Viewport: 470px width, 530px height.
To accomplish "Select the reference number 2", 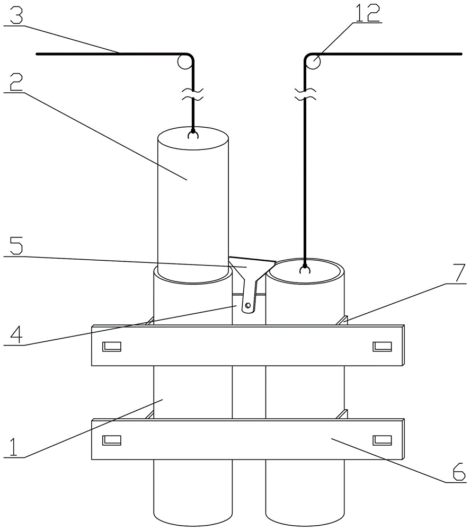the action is click(16, 82).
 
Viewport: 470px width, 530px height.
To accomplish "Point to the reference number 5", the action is click(16, 245).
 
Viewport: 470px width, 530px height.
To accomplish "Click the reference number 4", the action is click(16, 333).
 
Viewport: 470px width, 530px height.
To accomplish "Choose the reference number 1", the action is click(13, 446).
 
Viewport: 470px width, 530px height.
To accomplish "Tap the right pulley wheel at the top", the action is click(314, 62).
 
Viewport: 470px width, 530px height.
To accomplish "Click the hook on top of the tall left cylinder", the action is click(193, 135).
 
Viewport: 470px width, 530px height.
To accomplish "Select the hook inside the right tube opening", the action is click(305, 269).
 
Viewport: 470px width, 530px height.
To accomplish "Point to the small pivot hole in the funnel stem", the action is click(248, 305).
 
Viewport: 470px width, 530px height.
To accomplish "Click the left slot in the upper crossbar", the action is click(112, 347).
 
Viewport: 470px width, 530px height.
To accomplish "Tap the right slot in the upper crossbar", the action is click(382, 347).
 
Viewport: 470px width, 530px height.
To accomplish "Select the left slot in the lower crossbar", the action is click(112, 440).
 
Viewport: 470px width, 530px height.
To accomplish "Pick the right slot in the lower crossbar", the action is click(382, 440).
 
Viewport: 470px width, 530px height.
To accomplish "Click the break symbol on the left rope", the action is click(193, 94).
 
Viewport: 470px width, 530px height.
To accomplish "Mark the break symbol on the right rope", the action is click(305, 94).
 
